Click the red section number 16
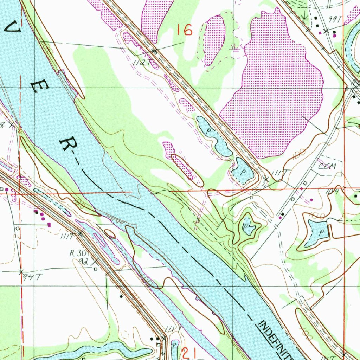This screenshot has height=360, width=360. point(185,30)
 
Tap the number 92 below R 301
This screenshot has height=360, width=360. point(84,261)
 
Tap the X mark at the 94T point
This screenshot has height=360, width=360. point(21,272)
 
